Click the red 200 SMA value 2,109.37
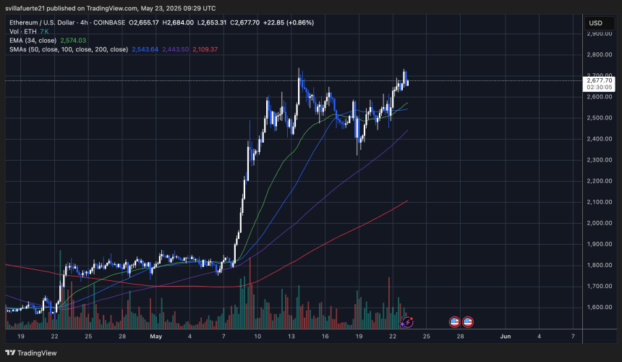[x=205, y=49]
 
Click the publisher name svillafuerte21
[x=30, y=8]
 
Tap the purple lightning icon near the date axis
[x=408, y=321]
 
